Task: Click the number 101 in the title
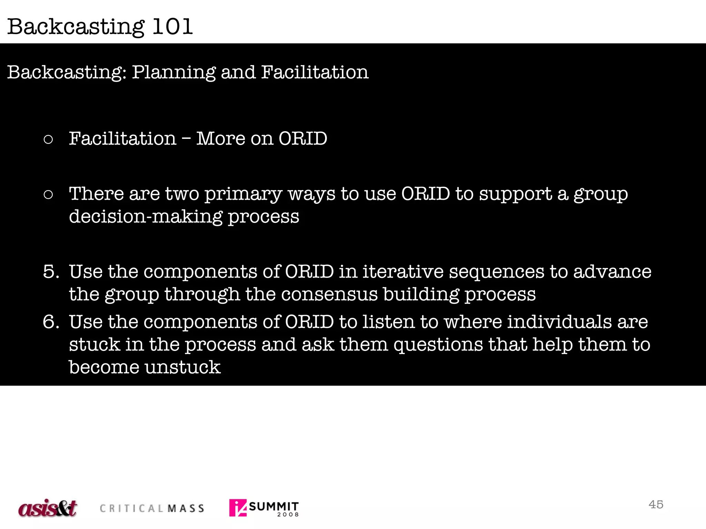(172, 27)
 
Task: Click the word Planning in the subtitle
(174, 73)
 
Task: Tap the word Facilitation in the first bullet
(122, 138)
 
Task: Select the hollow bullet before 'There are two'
(48, 195)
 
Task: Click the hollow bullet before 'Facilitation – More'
(48, 139)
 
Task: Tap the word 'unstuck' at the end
(182, 367)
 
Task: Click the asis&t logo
(48, 508)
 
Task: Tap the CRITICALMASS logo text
(152, 508)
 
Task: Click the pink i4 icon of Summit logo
(238, 508)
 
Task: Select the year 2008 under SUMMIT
(288, 515)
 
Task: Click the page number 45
(656, 504)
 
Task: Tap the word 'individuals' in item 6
(559, 322)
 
